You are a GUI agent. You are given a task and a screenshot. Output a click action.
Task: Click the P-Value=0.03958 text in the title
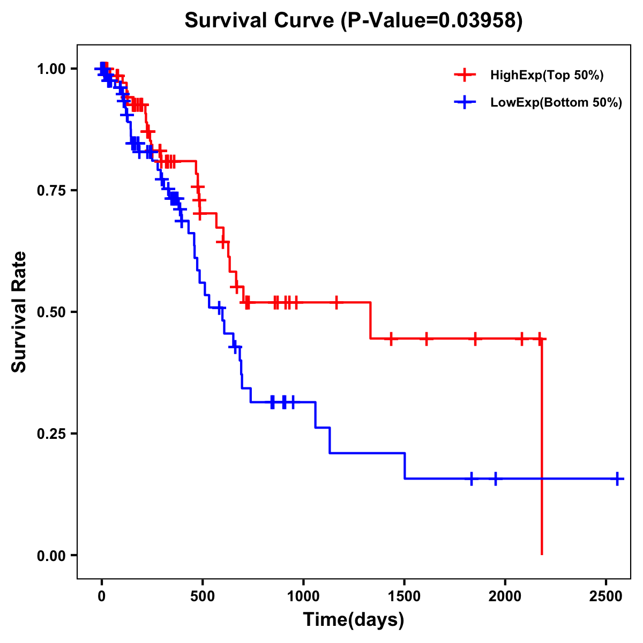coord(433,21)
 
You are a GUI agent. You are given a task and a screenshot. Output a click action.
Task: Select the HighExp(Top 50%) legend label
coord(547,76)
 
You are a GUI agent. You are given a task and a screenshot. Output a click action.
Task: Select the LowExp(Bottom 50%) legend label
coord(556,103)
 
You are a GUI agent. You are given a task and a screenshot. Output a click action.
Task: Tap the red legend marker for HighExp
coord(465,75)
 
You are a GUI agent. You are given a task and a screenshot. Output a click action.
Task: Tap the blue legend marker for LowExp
coord(465,102)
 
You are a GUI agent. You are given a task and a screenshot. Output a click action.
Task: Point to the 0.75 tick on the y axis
coord(74,190)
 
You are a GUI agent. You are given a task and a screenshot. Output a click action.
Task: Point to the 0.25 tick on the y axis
coord(74,433)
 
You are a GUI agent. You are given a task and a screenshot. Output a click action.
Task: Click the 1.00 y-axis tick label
coord(51,69)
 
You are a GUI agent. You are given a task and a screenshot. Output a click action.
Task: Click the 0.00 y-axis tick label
coord(51,556)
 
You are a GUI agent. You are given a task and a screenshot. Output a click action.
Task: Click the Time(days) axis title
coord(354,620)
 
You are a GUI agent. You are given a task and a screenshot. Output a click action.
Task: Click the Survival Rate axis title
coord(19,312)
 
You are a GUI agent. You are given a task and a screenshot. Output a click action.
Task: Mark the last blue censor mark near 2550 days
coord(617,478)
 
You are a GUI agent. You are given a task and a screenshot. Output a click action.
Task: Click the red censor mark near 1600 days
coord(427,339)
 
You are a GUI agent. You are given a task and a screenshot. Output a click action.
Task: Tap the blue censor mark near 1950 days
coord(495,478)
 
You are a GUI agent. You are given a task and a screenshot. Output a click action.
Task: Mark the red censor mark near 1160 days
coord(337,302)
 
